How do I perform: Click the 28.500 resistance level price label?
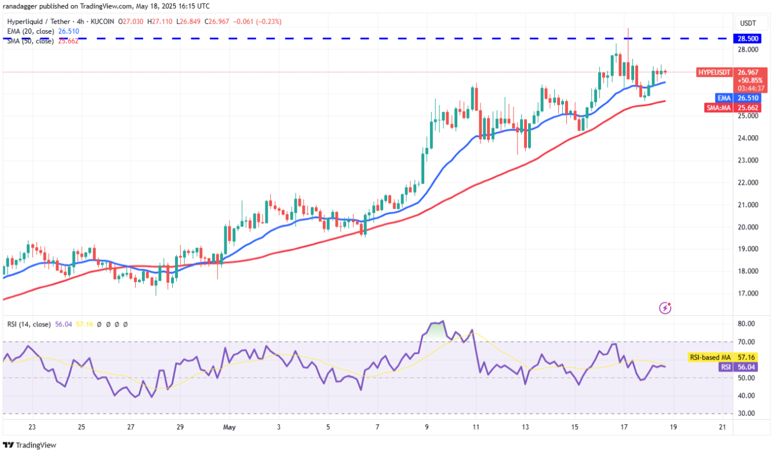pos(748,38)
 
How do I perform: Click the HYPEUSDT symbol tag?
pos(715,72)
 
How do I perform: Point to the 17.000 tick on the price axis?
pos(748,293)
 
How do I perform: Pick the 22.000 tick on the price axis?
pos(748,183)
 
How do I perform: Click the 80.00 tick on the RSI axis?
pos(746,324)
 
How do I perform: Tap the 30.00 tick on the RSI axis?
pos(746,413)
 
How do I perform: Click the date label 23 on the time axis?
pos(32,427)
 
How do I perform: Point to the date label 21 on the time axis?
pos(722,427)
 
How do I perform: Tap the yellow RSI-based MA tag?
pos(711,358)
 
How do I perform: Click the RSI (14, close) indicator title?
pos(28,325)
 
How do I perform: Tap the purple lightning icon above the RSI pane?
pos(665,308)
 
